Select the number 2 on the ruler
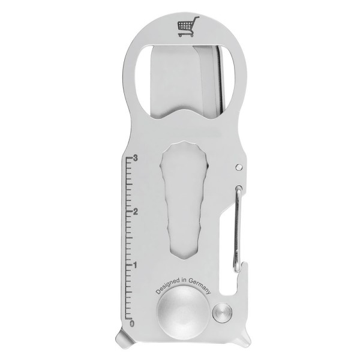point(137,212)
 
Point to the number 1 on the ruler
point(137,265)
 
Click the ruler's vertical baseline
point(128,240)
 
